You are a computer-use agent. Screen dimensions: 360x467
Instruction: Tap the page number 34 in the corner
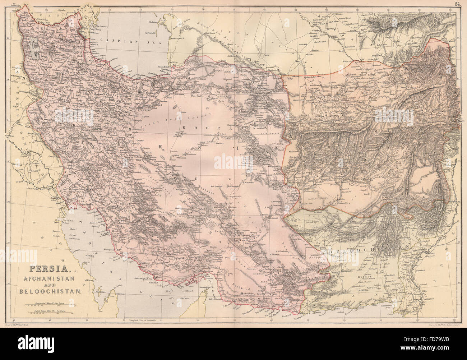point(457,4)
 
